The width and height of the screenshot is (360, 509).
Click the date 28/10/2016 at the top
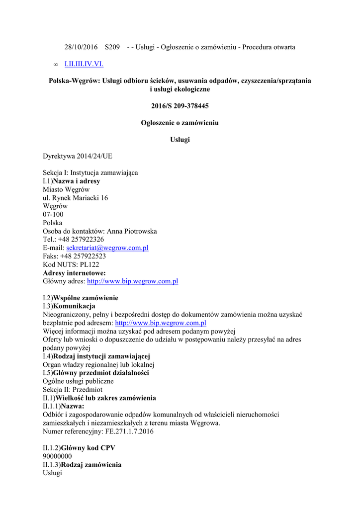point(81,47)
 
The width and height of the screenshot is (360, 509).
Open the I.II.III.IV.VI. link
point(84,64)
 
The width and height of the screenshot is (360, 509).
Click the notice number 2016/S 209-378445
point(180,106)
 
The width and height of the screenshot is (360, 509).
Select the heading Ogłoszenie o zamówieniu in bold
point(180,123)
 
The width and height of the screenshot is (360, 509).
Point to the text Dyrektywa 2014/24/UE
point(78,156)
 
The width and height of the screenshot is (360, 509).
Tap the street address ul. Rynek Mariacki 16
point(75,198)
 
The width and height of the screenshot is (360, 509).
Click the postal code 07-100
point(53,215)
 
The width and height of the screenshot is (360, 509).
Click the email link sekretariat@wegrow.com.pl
point(107,248)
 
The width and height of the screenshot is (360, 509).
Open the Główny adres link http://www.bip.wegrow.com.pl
point(132,281)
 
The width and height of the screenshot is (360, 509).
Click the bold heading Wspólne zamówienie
point(86,298)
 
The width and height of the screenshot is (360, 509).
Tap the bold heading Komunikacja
point(74,306)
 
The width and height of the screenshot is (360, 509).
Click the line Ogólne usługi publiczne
point(78,381)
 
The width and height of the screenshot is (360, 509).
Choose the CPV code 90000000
point(57,456)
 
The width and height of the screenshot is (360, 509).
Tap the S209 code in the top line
point(112,47)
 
